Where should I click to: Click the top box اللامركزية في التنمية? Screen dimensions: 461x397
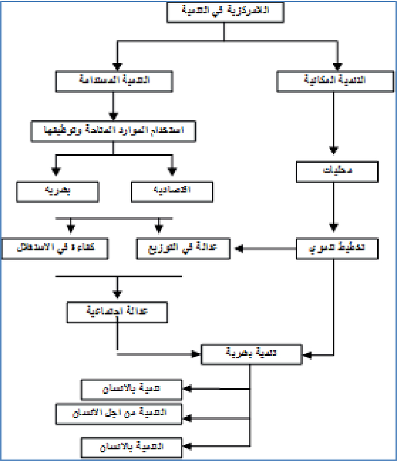click(x=225, y=13)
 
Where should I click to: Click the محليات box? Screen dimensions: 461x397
click(x=335, y=171)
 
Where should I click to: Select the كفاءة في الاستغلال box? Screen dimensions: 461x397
click(x=56, y=249)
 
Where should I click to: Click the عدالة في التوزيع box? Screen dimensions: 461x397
click(x=184, y=249)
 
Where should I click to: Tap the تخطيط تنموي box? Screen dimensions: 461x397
click(x=336, y=249)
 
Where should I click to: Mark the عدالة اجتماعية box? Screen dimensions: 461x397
click(x=117, y=312)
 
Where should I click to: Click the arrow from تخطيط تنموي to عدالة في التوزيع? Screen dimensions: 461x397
click(x=267, y=249)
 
